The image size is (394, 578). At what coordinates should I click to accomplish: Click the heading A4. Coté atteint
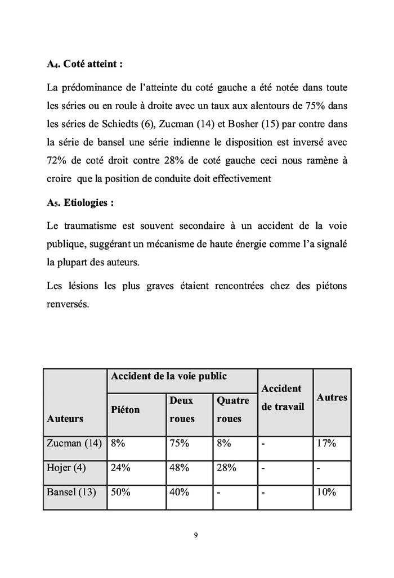84,64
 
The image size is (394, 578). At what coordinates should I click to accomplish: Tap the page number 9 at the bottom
195,535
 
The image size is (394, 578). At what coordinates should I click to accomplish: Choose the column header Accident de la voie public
169,376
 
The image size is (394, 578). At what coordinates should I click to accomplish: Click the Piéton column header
126,410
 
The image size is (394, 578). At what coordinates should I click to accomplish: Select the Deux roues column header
181,409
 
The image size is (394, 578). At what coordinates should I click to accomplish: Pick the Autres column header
332,398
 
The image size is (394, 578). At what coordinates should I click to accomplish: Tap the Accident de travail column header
283,398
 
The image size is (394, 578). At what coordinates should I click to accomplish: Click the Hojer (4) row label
66,467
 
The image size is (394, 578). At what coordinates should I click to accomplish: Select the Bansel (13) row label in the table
71,492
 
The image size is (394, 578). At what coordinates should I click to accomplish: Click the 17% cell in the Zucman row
326,443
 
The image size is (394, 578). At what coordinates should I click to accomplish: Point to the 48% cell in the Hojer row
180,467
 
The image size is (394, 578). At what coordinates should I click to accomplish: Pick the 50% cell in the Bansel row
121,492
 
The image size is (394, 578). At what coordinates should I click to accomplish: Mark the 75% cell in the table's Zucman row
180,443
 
